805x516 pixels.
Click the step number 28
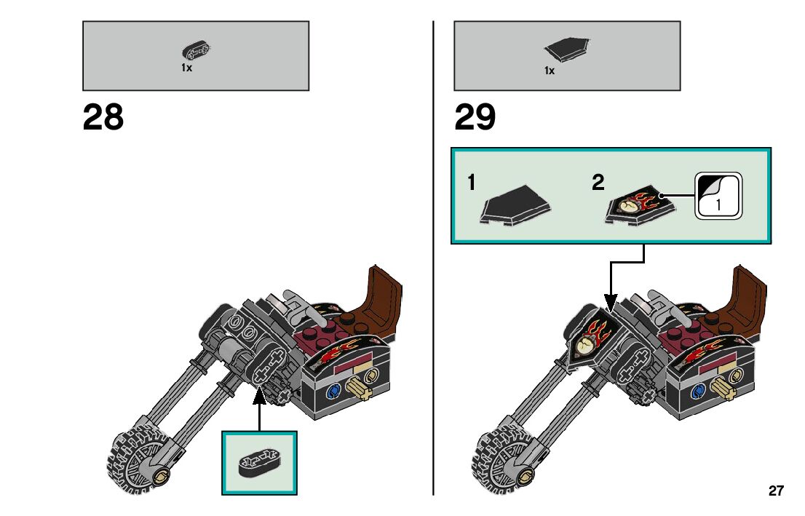point(103,118)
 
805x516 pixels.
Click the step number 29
point(475,118)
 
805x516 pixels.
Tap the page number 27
point(776,491)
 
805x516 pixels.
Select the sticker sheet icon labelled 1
point(718,195)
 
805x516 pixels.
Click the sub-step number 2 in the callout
point(598,183)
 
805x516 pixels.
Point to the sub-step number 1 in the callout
point(472,183)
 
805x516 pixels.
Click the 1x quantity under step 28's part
point(187,68)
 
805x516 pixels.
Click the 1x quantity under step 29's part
point(550,71)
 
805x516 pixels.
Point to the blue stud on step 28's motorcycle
point(335,391)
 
